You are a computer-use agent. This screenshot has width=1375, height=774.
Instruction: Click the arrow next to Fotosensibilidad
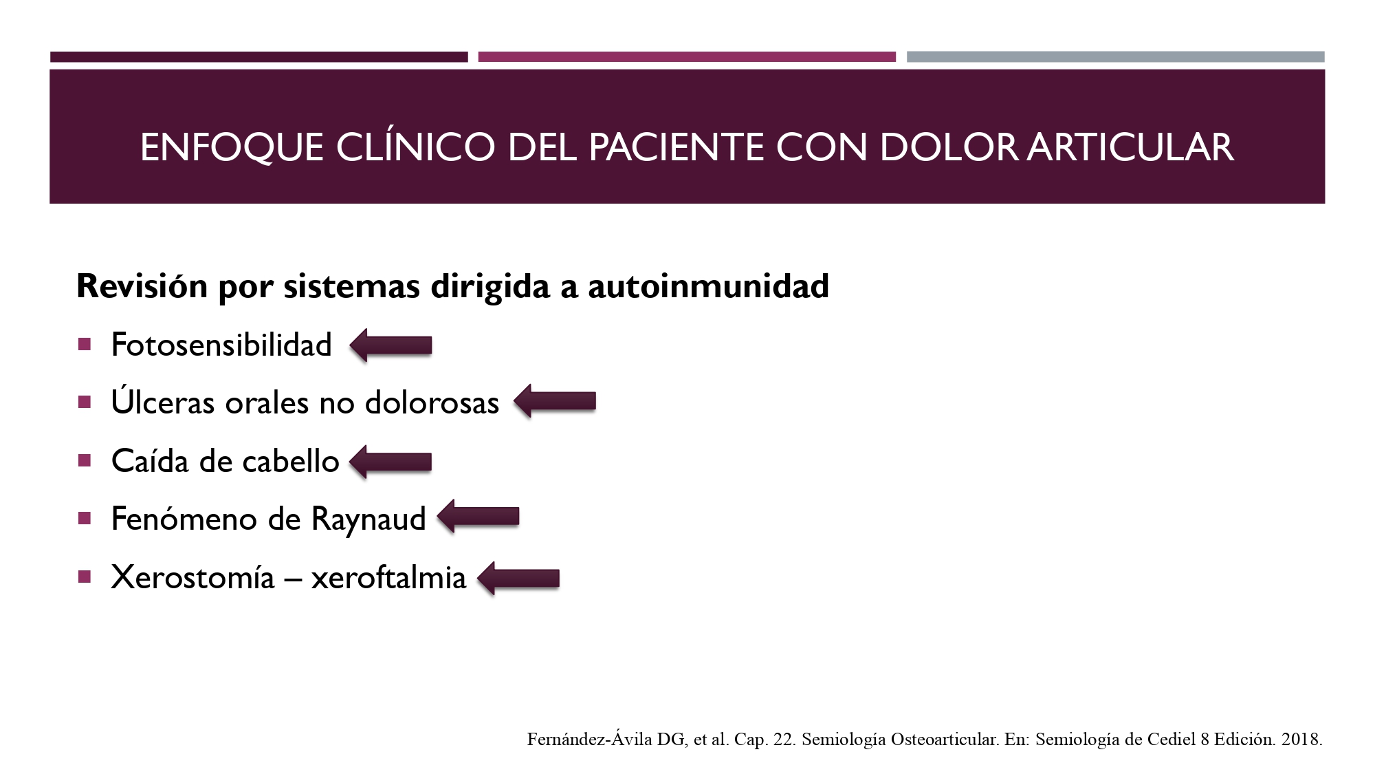(390, 345)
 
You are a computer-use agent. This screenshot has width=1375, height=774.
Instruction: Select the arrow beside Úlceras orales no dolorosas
(555, 401)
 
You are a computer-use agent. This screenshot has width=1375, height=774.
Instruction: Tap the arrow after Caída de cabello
(390, 461)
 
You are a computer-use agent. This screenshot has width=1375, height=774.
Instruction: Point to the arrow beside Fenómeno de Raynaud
(478, 517)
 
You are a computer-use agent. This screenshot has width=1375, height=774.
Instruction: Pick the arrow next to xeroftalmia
(518, 578)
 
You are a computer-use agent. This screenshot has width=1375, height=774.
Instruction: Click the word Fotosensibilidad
(221, 345)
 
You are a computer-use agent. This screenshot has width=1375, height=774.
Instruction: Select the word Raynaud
(368, 519)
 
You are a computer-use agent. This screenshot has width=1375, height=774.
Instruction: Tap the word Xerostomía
(193, 577)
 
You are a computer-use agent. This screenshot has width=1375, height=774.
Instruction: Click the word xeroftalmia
(388, 577)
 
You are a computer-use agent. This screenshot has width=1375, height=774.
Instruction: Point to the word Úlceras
(163, 401)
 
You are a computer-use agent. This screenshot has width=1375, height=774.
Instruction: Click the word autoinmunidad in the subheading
(708, 286)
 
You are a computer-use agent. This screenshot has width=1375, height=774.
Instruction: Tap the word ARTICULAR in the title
(1131, 147)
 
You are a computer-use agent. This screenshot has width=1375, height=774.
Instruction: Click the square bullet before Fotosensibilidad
(85, 345)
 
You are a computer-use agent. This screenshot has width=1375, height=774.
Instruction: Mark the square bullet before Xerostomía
(85, 577)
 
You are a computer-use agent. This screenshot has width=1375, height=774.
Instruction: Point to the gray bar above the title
(1115, 57)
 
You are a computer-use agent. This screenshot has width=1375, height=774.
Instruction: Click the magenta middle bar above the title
(687, 57)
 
